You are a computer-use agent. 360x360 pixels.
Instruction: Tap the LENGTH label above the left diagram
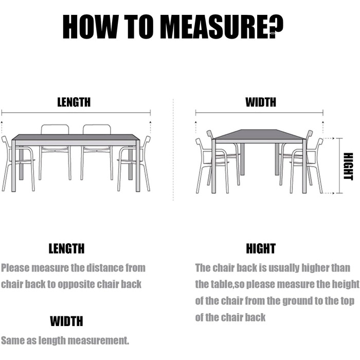pyautogui.click(x=74, y=102)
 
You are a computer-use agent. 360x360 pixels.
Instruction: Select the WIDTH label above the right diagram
pyautogui.click(x=261, y=102)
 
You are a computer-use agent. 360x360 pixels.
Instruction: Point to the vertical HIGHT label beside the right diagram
pyautogui.click(x=348, y=167)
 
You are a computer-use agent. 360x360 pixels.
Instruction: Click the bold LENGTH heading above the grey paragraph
pyautogui.click(x=66, y=248)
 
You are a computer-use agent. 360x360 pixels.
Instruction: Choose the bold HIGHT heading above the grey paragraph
pyautogui.click(x=261, y=248)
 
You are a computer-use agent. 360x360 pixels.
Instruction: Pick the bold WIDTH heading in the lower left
pyautogui.click(x=66, y=321)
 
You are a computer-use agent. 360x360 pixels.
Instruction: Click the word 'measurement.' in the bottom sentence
pyautogui.click(x=98, y=340)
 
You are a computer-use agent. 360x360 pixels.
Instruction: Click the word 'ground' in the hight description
pyautogui.click(x=297, y=301)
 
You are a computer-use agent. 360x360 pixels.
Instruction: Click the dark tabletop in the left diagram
pyautogui.click(x=76, y=137)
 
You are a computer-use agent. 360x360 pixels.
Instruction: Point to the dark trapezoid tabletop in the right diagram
pyautogui.click(x=259, y=135)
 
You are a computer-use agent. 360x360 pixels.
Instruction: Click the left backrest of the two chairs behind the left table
pyautogui.click(x=55, y=130)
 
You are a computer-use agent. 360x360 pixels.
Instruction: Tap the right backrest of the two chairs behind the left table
pyautogui.click(x=97, y=130)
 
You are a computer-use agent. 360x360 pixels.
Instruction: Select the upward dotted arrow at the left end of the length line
pyautogui.click(x=2, y=127)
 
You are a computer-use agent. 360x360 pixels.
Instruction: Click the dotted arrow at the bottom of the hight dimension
pyautogui.click(x=329, y=193)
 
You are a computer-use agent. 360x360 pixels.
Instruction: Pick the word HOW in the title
pyautogui.click(x=90, y=27)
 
